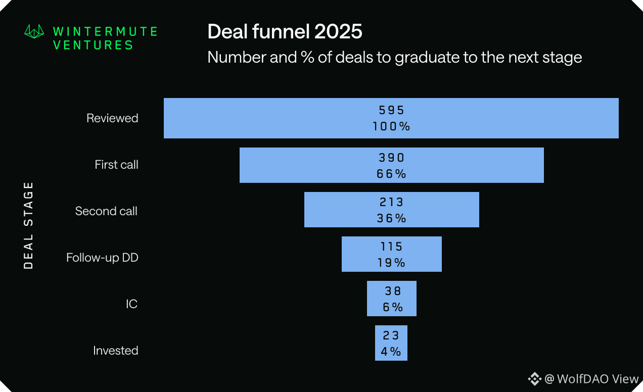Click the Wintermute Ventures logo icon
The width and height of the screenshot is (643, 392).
pyautogui.click(x=35, y=32)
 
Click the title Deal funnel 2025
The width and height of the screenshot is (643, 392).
pyautogui.click(x=285, y=32)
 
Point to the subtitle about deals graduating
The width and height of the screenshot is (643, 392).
pyautogui.click(x=394, y=57)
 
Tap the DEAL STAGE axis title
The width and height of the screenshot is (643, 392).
pyautogui.click(x=29, y=225)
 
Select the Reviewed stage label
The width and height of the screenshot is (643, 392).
pyautogui.click(x=112, y=118)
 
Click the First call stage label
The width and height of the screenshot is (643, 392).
pyautogui.click(x=116, y=165)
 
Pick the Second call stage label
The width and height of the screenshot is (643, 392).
pyautogui.click(x=106, y=211)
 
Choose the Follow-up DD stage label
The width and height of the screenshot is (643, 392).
pyautogui.click(x=102, y=258)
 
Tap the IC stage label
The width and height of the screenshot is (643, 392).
pyautogui.click(x=131, y=304)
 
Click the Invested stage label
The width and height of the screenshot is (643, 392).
pyautogui.click(x=115, y=351)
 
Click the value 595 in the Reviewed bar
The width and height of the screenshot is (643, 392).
pyautogui.click(x=392, y=111)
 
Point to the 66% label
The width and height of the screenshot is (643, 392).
pyautogui.click(x=392, y=174)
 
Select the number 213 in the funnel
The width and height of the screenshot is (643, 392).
pyautogui.click(x=392, y=202)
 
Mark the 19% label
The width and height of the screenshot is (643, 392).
pyautogui.click(x=392, y=263)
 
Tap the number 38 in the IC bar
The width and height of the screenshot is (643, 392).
pyautogui.click(x=392, y=291)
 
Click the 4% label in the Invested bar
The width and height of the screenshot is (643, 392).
pyautogui.click(x=391, y=352)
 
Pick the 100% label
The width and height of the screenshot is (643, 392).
pyautogui.click(x=392, y=126)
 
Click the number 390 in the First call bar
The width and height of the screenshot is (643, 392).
pyautogui.click(x=392, y=158)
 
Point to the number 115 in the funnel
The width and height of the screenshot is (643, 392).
pyautogui.click(x=392, y=247)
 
